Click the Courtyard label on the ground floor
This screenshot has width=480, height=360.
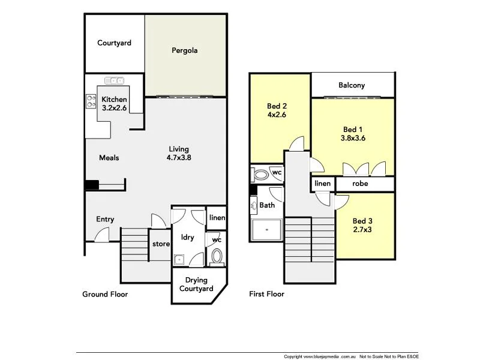coord(114,43)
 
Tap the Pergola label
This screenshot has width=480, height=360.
coord(185,50)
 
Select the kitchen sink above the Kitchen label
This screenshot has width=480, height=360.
coord(114,81)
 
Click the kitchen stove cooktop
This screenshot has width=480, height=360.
coord(91,101)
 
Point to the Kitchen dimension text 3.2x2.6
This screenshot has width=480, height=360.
coord(114,108)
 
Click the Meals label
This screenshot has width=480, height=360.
coord(109,158)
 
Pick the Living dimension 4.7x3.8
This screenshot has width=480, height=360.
coord(178,158)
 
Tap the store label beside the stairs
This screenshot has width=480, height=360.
coord(160,244)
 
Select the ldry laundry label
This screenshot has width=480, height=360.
coord(187,238)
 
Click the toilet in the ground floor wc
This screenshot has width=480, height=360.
coord(217,257)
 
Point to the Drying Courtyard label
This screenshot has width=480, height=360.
coord(196,284)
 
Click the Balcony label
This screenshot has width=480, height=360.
coord(352,85)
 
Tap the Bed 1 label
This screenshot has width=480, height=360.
coord(353,129)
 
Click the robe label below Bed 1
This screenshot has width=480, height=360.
coord(360,184)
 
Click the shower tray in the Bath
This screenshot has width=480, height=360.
coord(265,228)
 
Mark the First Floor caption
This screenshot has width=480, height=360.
coord(266,294)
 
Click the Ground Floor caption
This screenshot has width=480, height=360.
coord(105,294)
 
